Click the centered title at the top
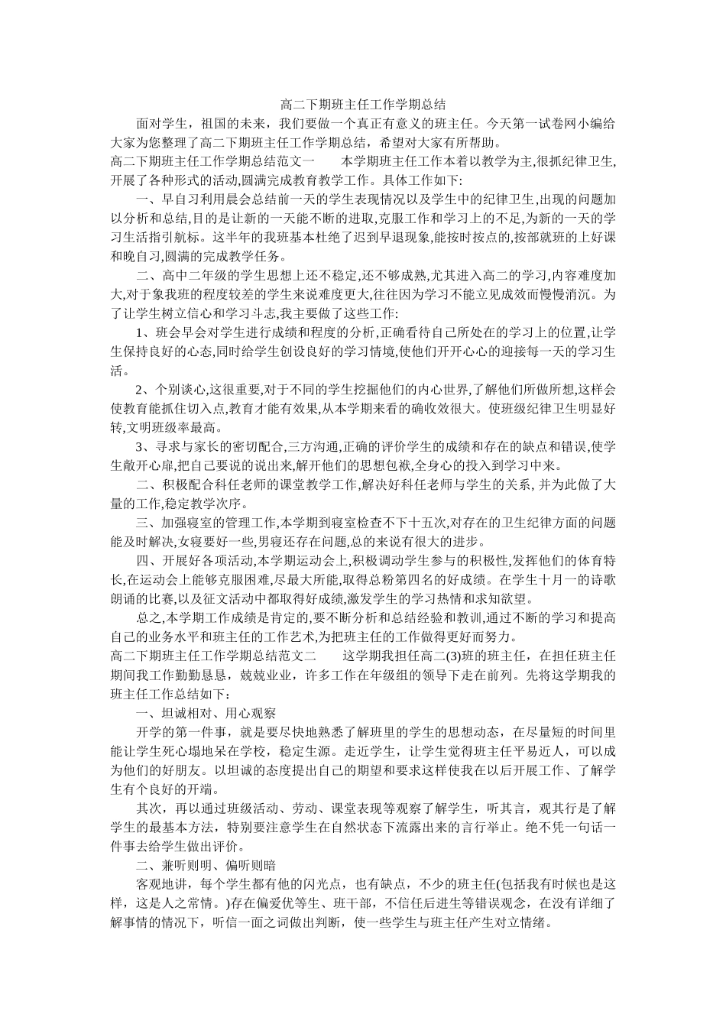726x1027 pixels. [x=363, y=105]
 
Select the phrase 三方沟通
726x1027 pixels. [x=312, y=447]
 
